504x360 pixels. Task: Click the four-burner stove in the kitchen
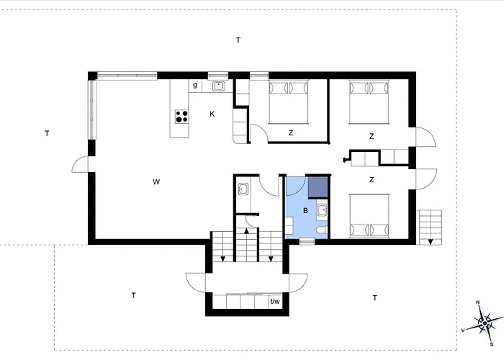click(x=181, y=117)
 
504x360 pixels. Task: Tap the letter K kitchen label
click(x=212, y=114)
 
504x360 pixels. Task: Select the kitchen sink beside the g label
click(x=219, y=86)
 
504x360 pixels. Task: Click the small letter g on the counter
click(x=195, y=85)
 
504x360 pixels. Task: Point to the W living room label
click(x=156, y=182)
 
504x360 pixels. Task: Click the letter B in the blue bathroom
click(x=305, y=210)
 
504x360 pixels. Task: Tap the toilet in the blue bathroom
click(x=322, y=230)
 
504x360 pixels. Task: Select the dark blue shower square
click(x=318, y=187)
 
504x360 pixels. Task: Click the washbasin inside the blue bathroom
click(x=322, y=211)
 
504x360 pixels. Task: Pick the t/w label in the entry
click(x=275, y=302)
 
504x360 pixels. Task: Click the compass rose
click(x=485, y=323)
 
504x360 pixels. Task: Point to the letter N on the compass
click(x=477, y=302)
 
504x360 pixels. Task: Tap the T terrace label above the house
click(x=238, y=40)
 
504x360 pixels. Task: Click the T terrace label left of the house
click(x=47, y=133)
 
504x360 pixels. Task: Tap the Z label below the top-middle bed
click(x=291, y=132)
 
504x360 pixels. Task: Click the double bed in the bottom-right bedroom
click(x=369, y=216)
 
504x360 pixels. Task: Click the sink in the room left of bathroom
click(x=243, y=189)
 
